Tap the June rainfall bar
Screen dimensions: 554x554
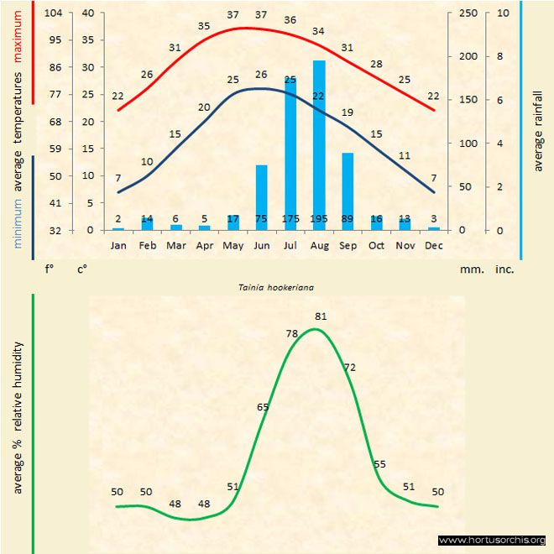262,197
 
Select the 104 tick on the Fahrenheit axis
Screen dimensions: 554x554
52,13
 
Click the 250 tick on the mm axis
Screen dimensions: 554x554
468,13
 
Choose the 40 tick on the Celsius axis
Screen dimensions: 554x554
87,13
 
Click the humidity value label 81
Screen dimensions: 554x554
320,316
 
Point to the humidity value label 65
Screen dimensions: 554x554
263,407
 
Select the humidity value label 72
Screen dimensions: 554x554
350,367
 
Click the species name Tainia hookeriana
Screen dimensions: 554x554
277,287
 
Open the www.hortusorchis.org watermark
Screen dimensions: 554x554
492,540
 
